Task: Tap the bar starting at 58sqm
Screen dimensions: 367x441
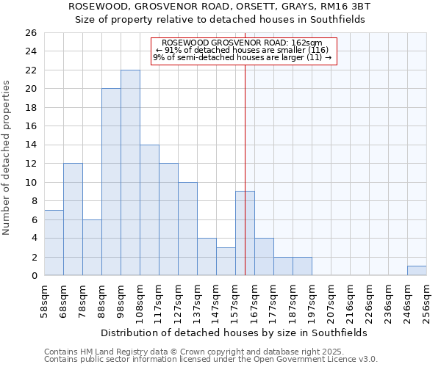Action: coord(54,242)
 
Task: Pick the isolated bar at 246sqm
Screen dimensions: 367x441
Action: coord(417,271)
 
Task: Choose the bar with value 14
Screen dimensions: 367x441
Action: coord(149,210)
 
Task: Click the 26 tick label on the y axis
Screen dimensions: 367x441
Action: coord(30,33)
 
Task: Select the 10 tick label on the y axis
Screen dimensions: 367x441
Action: coord(30,182)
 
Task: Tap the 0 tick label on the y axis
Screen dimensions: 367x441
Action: coord(33,275)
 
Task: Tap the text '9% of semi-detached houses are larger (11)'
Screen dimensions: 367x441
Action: coord(242,57)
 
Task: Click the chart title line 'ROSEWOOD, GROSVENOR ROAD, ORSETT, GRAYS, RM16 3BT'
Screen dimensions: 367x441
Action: coord(220,7)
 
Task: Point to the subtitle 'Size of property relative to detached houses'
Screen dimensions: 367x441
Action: coord(220,20)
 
